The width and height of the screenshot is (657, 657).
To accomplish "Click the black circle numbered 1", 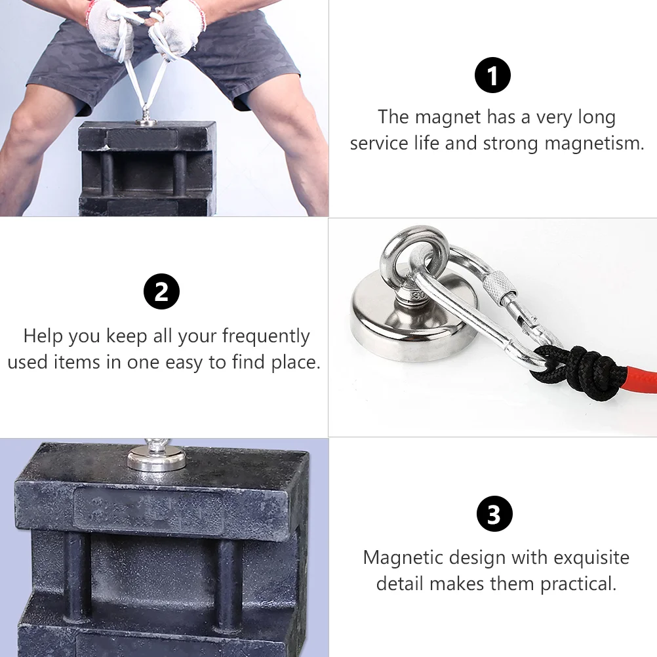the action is [492, 75].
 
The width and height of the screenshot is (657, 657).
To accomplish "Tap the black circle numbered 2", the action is [161, 292].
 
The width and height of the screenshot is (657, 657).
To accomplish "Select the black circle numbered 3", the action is [494, 513].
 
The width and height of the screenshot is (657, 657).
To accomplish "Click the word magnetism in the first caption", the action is [594, 144].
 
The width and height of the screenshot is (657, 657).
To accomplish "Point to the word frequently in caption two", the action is [266, 336].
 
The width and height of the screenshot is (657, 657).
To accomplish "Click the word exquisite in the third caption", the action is [591, 558].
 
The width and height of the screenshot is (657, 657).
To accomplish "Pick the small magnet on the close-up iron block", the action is [155, 458].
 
